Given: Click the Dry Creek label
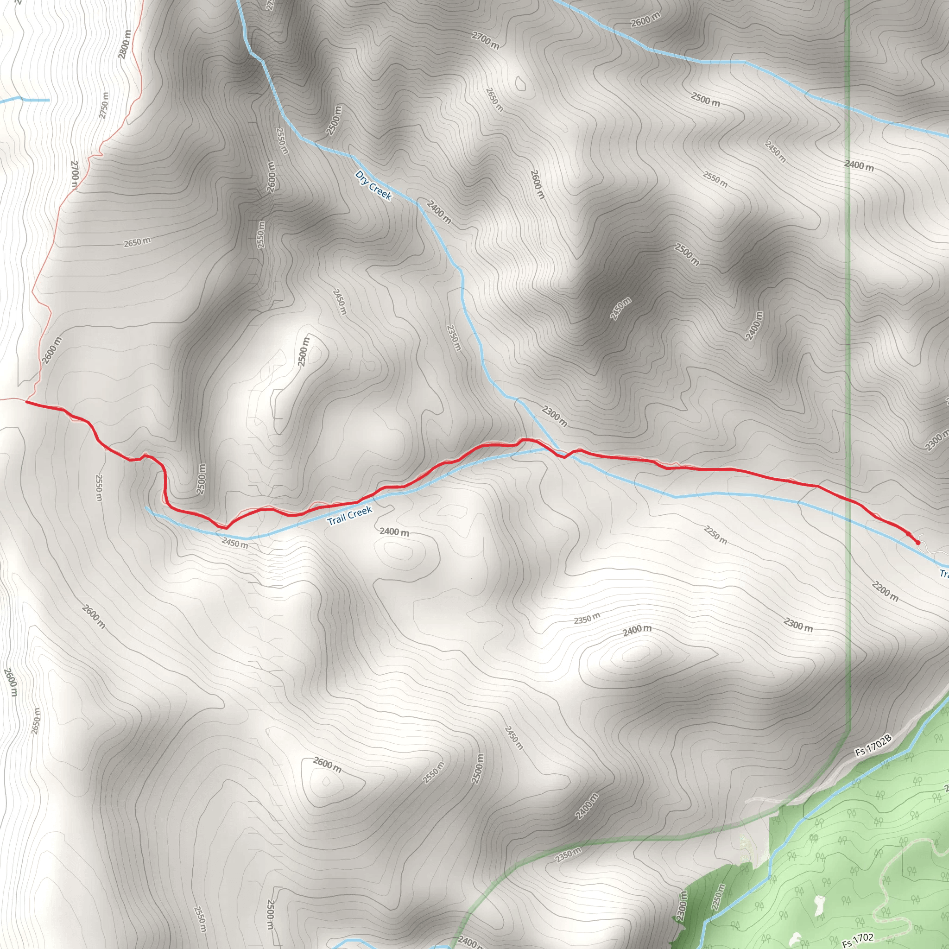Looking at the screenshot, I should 373,185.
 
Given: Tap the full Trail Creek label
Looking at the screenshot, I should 350,515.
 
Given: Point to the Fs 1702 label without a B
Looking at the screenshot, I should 858,940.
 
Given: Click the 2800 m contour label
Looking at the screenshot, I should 125,44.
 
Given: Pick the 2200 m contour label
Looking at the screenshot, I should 885,591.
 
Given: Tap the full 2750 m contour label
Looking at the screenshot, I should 104,105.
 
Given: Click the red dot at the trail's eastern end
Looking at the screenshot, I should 917,542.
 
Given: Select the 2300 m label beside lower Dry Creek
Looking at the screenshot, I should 555,416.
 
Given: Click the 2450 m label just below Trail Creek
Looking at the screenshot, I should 235,543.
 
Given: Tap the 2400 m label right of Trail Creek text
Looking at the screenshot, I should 394,531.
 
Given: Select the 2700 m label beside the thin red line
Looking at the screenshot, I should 75,174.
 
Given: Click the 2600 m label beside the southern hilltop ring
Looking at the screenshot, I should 327,764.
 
